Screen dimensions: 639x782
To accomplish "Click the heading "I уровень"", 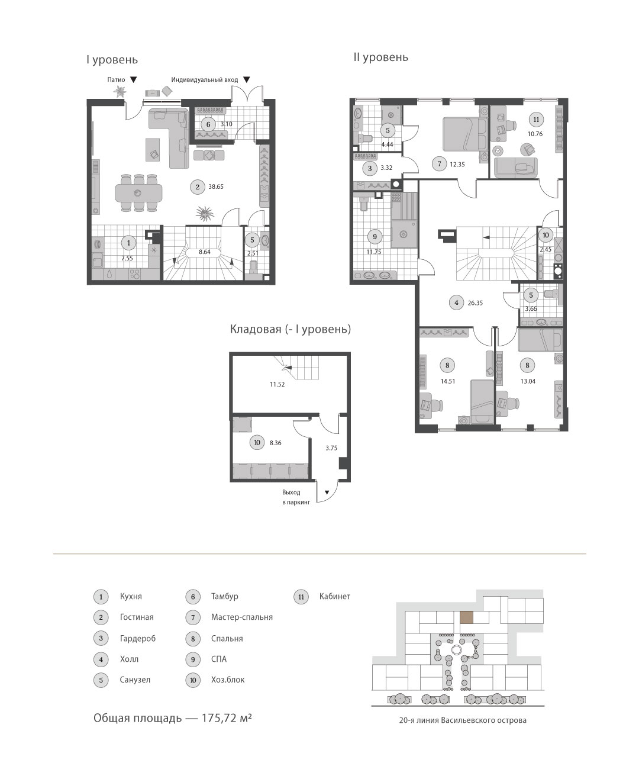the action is tap(112, 60).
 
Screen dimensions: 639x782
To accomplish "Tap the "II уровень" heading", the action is tap(380, 57).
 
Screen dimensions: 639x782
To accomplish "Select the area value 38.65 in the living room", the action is tap(216, 187).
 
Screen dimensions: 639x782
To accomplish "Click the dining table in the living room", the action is tap(138, 193).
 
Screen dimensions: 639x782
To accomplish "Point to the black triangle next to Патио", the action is tap(134, 79).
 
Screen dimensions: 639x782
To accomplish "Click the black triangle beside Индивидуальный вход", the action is tap(247, 79).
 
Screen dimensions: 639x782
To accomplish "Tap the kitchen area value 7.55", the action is tap(127, 258).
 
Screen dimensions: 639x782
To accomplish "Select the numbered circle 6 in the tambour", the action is tap(208, 124).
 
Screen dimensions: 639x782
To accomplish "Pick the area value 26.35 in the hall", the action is tap(475, 303).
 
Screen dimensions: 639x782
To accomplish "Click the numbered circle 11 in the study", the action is tap(536, 120).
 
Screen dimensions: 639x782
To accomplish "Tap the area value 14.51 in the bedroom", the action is tap(448, 381).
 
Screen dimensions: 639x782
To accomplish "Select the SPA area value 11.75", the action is tap(374, 252).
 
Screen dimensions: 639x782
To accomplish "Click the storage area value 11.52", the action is tap(277, 385).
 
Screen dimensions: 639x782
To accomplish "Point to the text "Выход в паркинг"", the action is tap(296, 497).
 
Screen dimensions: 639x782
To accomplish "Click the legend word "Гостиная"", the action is tap(137, 617).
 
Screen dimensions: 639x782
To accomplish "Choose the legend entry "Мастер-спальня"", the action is tap(242, 617).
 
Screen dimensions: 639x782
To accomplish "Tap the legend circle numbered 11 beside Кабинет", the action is tap(301, 597).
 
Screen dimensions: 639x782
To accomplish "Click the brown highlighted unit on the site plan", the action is tap(466, 617).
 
